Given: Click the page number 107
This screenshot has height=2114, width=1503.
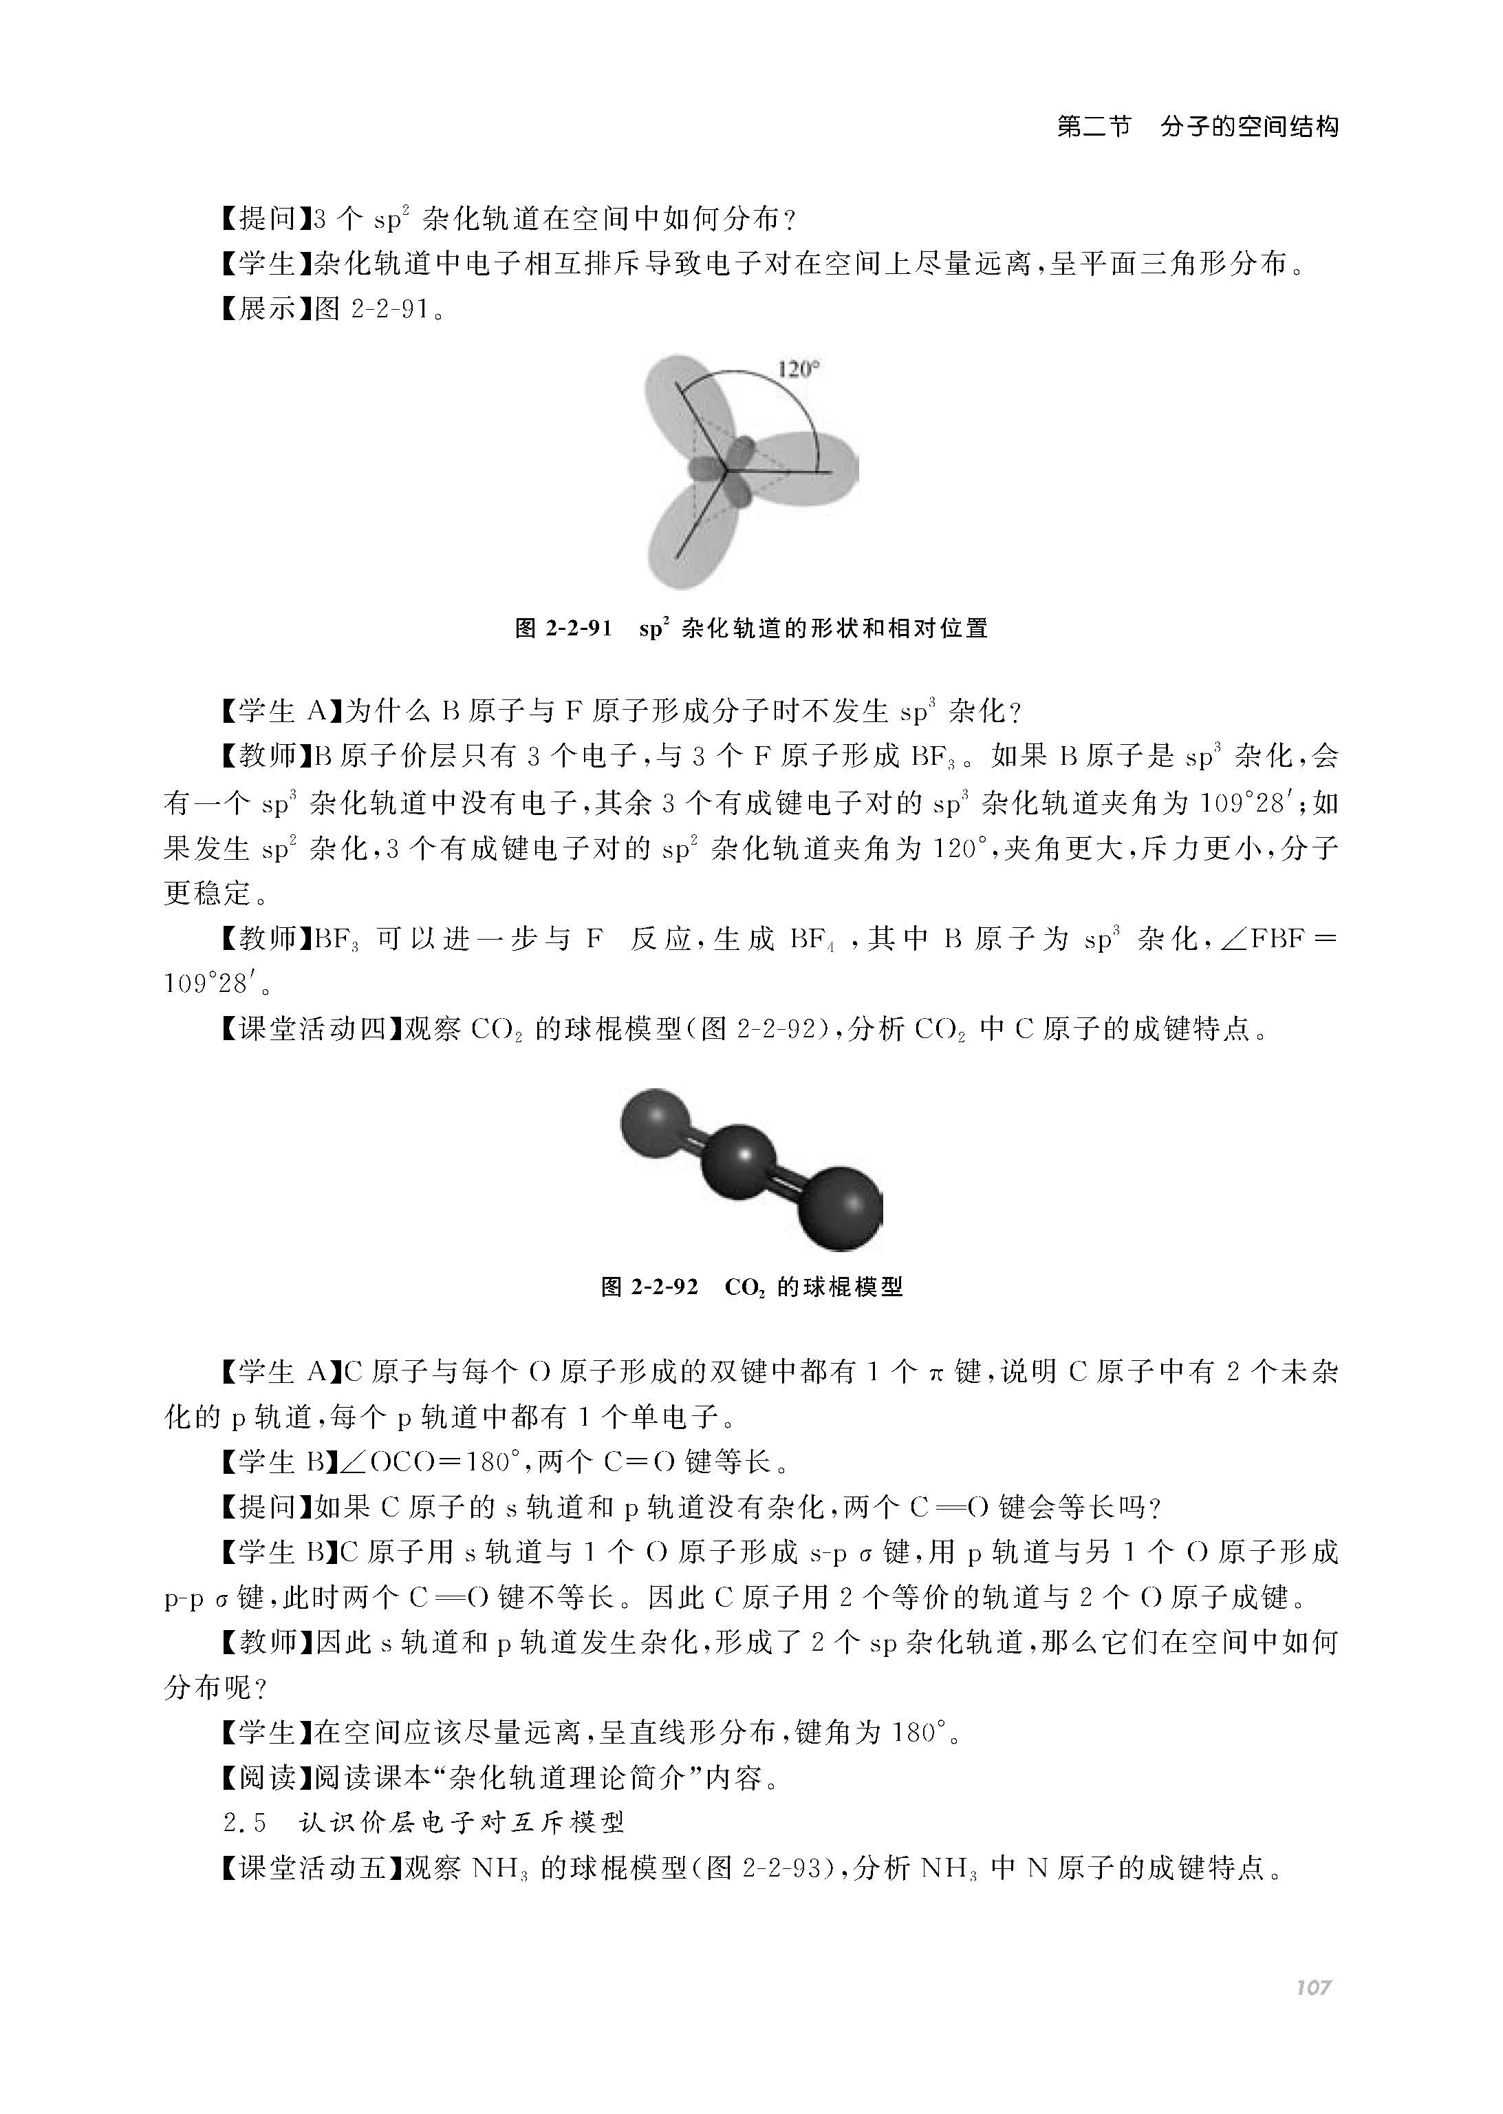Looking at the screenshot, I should click(x=1312, y=1987).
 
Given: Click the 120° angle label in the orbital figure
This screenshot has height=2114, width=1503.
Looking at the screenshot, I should click(x=799, y=370).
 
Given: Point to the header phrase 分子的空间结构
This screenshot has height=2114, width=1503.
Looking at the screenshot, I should click(x=1249, y=127).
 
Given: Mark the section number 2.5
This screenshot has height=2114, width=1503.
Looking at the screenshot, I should click(x=246, y=1824).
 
